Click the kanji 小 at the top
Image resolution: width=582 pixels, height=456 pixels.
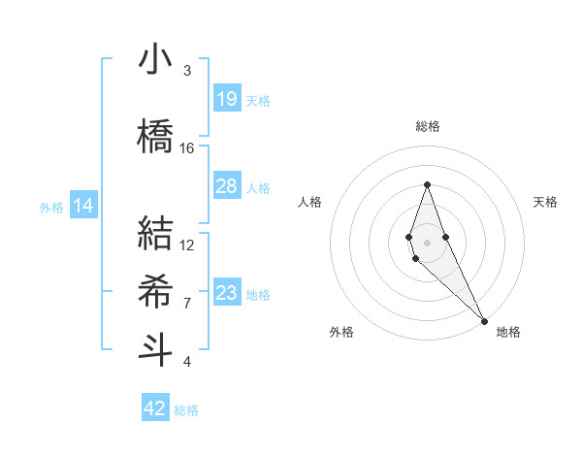[x=155, y=60]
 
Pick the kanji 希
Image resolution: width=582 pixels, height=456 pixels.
[x=155, y=290]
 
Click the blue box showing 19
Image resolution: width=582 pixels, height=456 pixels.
[x=227, y=99]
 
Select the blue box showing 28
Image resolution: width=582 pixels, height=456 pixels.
[x=227, y=186]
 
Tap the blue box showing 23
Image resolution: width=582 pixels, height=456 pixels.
[x=227, y=293]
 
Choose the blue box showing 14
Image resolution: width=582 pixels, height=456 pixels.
[x=83, y=206]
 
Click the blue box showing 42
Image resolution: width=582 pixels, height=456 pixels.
[x=155, y=408]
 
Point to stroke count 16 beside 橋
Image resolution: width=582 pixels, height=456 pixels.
[x=187, y=148]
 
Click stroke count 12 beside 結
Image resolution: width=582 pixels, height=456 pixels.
[x=187, y=244]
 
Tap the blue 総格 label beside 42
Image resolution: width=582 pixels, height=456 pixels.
[x=187, y=410]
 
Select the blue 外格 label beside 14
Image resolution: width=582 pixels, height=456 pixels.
[x=51, y=207]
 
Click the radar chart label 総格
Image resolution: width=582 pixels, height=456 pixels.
[x=427, y=126]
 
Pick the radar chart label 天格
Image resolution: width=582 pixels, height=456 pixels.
[x=545, y=202]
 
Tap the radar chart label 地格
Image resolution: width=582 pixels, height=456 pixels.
[x=508, y=332]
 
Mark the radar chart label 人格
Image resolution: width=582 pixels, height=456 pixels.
[x=309, y=202]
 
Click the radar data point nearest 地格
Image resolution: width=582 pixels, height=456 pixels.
[x=483, y=319]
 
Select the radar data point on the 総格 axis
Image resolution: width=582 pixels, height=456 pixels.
[x=427, y=184]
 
